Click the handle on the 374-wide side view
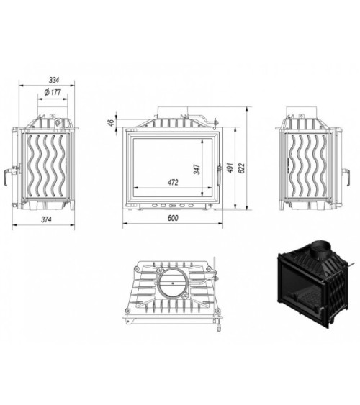[x=12, y=173]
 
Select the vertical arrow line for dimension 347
[x=204, y=167]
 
